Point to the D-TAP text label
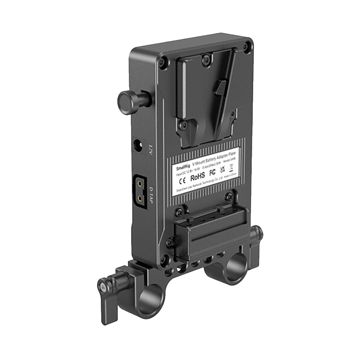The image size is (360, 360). click(x=152, y=195)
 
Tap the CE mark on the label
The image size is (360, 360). click(x=182, y=181)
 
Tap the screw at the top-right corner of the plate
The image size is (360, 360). click(x=248, y=45)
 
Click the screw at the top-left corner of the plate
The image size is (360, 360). click(x=162, y=63)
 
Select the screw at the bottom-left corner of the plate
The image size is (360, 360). click(x=163, y=261)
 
